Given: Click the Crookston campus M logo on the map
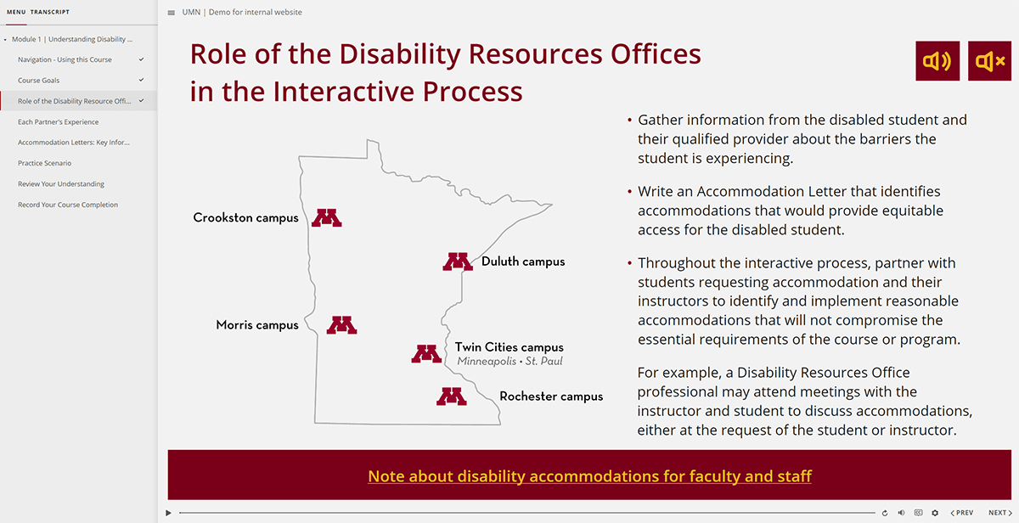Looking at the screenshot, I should [326, 217].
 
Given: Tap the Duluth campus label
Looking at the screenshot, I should [522, 261].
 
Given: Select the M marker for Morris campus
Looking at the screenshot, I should [341, 324].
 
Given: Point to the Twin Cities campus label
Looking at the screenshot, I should [509, 347].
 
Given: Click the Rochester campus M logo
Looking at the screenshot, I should [451, 396].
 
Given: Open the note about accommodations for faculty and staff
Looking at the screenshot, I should [589, 475].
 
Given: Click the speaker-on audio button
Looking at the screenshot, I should [937, 61].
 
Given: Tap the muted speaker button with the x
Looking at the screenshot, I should [989, 61].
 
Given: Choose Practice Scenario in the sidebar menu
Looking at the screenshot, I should [45, 163].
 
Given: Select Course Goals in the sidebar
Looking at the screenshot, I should [39, 81].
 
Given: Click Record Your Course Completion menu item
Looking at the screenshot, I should [68, 205].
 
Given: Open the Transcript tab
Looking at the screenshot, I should [50, 12].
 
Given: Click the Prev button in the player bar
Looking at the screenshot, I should [962, 513].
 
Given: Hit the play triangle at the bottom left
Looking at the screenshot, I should [169, 513].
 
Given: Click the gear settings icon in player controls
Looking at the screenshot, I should [935, 513].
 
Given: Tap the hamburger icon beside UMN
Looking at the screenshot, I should [172, 13].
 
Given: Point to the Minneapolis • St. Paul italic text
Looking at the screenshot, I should [509, 362].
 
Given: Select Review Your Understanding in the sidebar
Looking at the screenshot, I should [61, 184].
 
